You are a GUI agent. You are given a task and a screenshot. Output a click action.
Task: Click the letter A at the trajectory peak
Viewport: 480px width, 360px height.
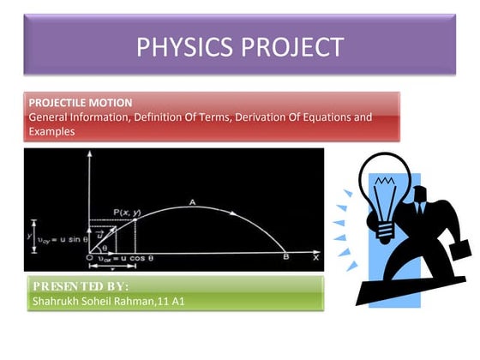(194, 202)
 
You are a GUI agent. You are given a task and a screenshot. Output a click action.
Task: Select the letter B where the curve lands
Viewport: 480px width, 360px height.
(286, 257)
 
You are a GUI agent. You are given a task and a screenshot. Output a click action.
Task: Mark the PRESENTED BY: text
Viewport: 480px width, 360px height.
(81, 285)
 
